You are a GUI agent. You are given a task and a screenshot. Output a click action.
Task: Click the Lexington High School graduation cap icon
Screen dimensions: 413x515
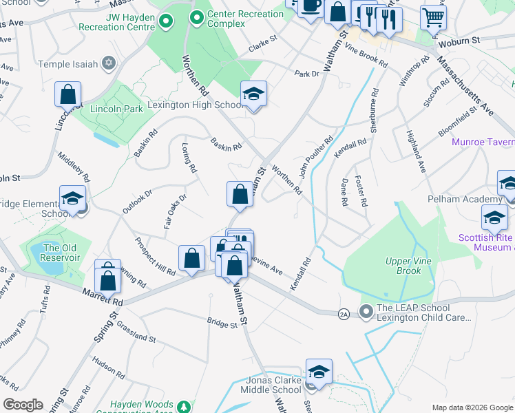tap(253, 94)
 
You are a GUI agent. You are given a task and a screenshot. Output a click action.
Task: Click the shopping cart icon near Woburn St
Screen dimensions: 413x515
tap(433, 19)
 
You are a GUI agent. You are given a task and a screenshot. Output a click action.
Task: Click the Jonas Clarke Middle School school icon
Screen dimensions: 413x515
tap(319, 372)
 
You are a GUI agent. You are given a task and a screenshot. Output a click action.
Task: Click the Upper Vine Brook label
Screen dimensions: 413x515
tap(403, 266)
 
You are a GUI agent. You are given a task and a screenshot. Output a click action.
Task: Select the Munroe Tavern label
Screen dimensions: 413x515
tap(483, 142)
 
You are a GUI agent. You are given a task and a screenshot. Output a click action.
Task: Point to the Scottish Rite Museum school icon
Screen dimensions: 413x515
tap(494, 219)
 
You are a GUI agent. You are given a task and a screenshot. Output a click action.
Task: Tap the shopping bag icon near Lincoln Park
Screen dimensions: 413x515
tap(68, 95)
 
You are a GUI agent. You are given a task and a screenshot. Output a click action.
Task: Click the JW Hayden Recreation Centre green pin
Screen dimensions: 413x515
tap(165, 23)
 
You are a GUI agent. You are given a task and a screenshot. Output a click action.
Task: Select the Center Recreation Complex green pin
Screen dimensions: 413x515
tap(196, 17)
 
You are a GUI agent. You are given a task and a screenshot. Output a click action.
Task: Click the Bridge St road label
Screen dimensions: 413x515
tap(220, 321)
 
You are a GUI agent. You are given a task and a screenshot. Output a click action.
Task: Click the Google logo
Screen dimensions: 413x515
tap(23, 405)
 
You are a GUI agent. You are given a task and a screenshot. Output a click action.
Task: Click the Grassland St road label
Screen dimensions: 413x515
tap(136, 331)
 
